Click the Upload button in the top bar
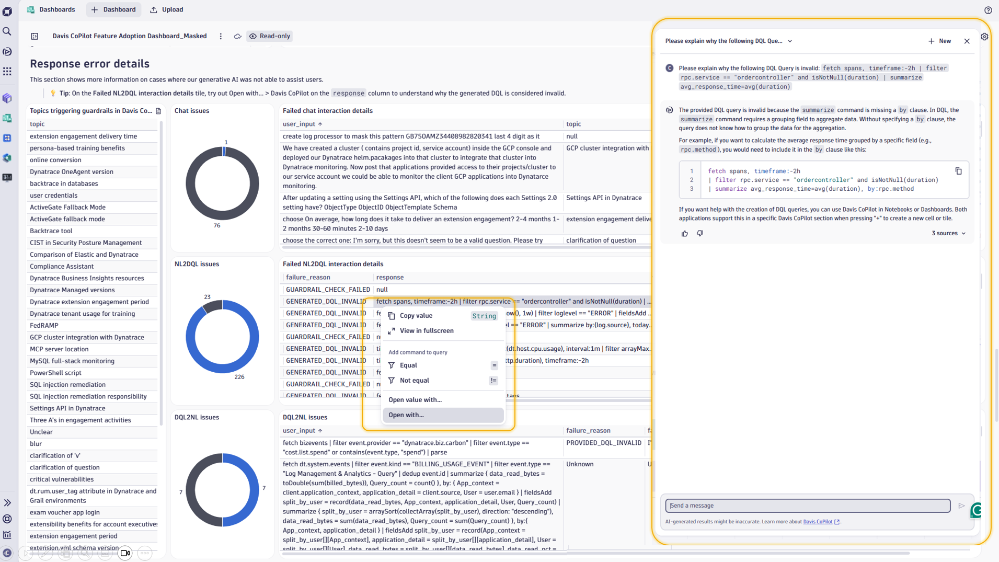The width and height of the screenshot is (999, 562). pos(167,9)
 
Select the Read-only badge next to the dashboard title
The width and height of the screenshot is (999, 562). pos(270,36)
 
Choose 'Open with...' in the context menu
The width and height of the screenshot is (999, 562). pos(406,415)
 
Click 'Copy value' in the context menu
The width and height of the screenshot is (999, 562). pos(416,316)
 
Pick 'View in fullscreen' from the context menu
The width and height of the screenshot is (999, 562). pos(427,331)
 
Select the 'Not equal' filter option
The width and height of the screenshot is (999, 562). pos(414,381)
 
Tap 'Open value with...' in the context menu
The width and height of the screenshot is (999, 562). pos(415,400)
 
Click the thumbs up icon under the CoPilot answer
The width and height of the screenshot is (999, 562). pos(685,234)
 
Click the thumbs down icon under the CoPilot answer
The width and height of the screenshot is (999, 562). pos(700,234)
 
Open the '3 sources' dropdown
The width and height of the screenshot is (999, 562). pos(948,233)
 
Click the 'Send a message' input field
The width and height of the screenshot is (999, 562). pos(808,506)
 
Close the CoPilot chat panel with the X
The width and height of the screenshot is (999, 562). pos(967,41)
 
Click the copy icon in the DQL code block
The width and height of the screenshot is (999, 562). pos(958,171)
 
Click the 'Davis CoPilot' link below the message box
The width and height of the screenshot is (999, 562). pos(818,522)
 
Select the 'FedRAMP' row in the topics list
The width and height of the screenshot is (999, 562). pos(44,325)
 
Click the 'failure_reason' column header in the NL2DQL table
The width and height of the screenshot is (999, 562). pos(308,278)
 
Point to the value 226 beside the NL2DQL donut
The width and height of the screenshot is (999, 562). pos(239,377)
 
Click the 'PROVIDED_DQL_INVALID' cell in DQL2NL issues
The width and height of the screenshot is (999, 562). pos(604,443)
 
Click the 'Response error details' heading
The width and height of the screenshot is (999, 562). pos(89,64)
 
